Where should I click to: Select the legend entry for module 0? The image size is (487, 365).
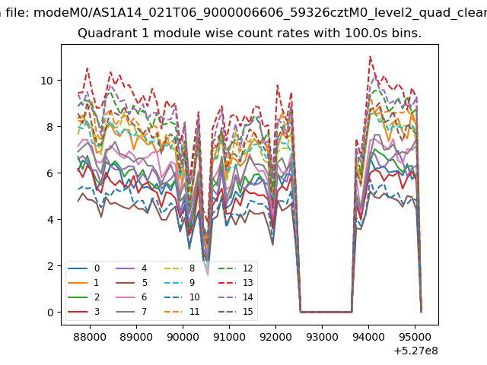tap(84, 268)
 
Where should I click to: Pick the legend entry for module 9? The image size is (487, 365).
tap(180, 283)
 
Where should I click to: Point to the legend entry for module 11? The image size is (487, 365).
tap(181, 312)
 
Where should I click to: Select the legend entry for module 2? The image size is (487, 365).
tap(84, 297)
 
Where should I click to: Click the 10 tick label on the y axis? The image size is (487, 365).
tap(47, 81)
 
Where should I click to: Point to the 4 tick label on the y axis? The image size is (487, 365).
tap(50, 220)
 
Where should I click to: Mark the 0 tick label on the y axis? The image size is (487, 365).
tap(50, 313)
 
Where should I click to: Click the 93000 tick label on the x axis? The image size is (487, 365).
tap(322, 337)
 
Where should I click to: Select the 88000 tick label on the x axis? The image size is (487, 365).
tap(90, 337)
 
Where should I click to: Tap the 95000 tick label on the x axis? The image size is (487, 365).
tap(415, 337)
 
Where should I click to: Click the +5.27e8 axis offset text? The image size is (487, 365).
tap(416, 351)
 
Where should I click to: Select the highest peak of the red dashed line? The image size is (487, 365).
tap(370, 56)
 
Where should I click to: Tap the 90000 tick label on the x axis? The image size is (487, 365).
tap(183, 337)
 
